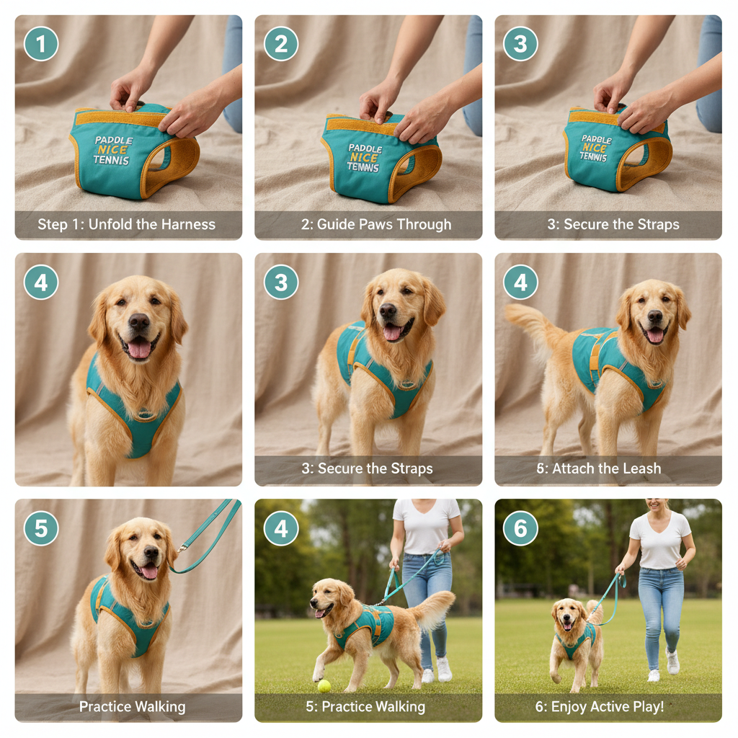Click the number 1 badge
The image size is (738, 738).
click(x=41, y=44)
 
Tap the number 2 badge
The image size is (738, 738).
click(x=281, y=44)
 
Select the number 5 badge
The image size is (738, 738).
click(x=41, y=528)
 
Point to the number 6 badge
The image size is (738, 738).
click(x=520, y=528)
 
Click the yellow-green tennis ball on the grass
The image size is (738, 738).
click(x=324, y=686)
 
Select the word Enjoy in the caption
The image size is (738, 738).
click(x=568, y=707)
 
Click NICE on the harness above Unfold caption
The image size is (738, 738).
click(x=113, y=150)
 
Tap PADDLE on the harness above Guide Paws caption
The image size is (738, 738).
click(x=365, y=148)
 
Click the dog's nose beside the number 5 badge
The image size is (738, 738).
click(x=151, y=551)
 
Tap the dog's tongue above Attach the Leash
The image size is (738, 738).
click(x=655, y=336)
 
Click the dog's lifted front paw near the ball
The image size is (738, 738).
click(x=318, y=674)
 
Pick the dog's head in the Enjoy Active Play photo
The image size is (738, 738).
click(x=568, y=615)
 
